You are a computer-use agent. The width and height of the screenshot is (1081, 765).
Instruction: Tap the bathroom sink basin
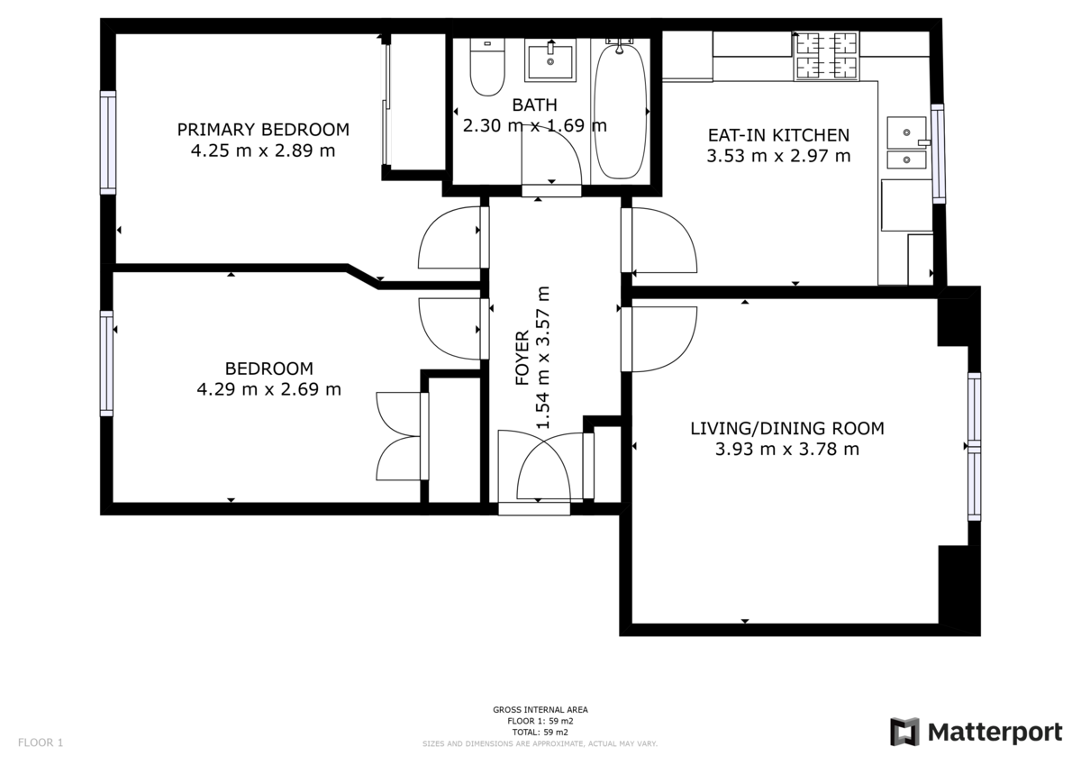pyautogui.click(x=550, y=62)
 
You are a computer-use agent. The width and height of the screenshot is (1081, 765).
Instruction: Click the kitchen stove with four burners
pyautogui.click(x=826, y=56)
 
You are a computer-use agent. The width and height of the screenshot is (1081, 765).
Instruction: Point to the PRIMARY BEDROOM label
pyautogui.click(x=263, y=130)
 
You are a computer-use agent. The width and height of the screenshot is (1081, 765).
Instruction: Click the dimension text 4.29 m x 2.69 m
pyautogui.click(x=268, y=389)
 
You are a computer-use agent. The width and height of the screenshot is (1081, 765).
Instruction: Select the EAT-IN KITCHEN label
pyautogui.click(x=778, y=135)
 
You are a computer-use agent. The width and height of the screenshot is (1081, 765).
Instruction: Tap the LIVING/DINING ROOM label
pyautogui.click(x=786, y=428)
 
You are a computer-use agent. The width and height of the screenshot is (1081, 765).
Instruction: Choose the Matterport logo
pyautogui.click(x=976, y=732)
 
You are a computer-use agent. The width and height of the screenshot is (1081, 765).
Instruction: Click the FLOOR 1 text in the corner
pyautogui.click(x=41, y=743)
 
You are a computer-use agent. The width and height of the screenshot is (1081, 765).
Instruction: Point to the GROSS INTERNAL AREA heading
pyautogui.click(x=540, y=710)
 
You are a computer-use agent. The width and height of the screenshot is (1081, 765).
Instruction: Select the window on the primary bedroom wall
pyautogui.click(x=108, y=142)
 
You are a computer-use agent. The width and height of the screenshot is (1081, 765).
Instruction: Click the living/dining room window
pyautogui.click(x=974, y=446)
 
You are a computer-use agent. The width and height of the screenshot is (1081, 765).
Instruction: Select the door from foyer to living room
pyautogui.click(x=663, y=339)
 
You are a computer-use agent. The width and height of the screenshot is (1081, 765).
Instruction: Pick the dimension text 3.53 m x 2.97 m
pyautogui.click(x=778, y=156)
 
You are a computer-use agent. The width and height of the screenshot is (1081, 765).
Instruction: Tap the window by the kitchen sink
pyautogui.click(x=938, y=153)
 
